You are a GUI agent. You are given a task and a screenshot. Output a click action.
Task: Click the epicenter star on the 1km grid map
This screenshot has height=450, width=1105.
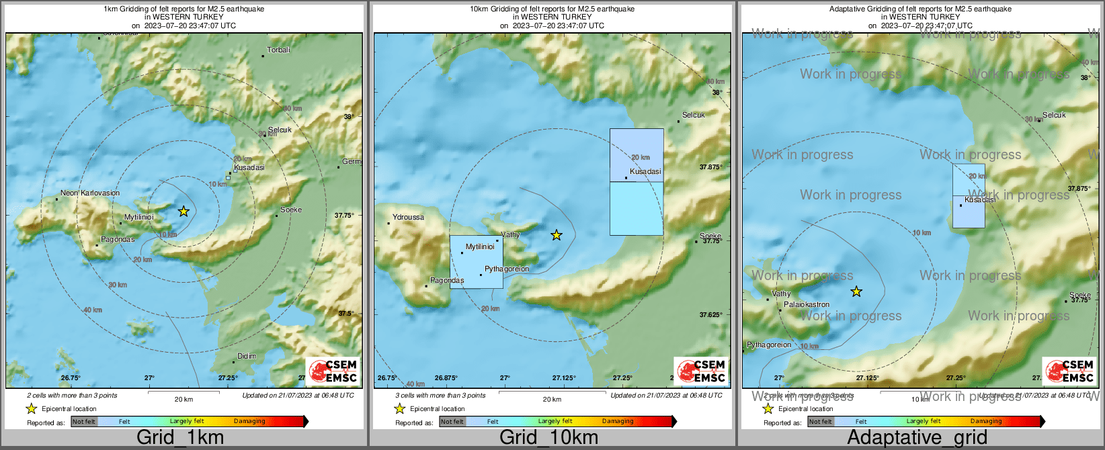coord(183,212)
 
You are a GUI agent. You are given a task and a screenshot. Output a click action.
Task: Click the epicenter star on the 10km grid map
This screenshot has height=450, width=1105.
coord(557,235)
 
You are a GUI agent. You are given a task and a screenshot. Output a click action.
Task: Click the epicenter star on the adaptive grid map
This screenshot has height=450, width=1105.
coord(856,291)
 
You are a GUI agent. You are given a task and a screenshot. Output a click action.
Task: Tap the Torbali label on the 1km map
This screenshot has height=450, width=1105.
coord(278,50)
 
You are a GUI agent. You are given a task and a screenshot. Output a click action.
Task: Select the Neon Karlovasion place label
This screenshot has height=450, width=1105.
coord(90,193)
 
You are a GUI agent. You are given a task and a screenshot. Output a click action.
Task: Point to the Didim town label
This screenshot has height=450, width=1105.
coord(247,357)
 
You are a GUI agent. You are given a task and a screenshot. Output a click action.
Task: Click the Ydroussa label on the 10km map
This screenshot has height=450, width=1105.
coord(408,218)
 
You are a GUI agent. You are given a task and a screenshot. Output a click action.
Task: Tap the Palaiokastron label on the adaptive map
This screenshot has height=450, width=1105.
coord(807,305)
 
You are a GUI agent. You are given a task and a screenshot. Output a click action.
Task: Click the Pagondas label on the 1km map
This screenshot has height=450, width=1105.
coord(118,240)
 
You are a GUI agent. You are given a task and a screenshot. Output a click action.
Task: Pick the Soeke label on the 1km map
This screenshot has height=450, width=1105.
coord(291,210)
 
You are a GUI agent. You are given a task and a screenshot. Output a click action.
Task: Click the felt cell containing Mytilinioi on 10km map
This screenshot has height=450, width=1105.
coord(476,262)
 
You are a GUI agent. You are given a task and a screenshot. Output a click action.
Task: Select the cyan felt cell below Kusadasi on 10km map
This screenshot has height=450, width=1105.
coord(637,208)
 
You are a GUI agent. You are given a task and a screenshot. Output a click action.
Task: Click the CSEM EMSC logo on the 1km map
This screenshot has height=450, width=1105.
coord(333,371)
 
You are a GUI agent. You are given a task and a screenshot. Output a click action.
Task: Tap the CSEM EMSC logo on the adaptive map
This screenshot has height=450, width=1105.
coord(1069,371)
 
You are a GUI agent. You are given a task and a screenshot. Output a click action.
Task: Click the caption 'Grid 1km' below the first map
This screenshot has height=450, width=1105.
coord(180,438)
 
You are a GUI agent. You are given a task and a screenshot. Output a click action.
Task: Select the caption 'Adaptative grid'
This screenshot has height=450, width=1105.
coord(917,438)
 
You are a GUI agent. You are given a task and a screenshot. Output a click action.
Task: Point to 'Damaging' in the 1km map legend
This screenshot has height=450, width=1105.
coord(249,422)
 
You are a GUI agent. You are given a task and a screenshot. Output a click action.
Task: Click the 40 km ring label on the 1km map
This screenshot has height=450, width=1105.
coord(93,310)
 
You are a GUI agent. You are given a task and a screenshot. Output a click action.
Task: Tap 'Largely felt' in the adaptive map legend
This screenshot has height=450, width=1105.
coord(924,422)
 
